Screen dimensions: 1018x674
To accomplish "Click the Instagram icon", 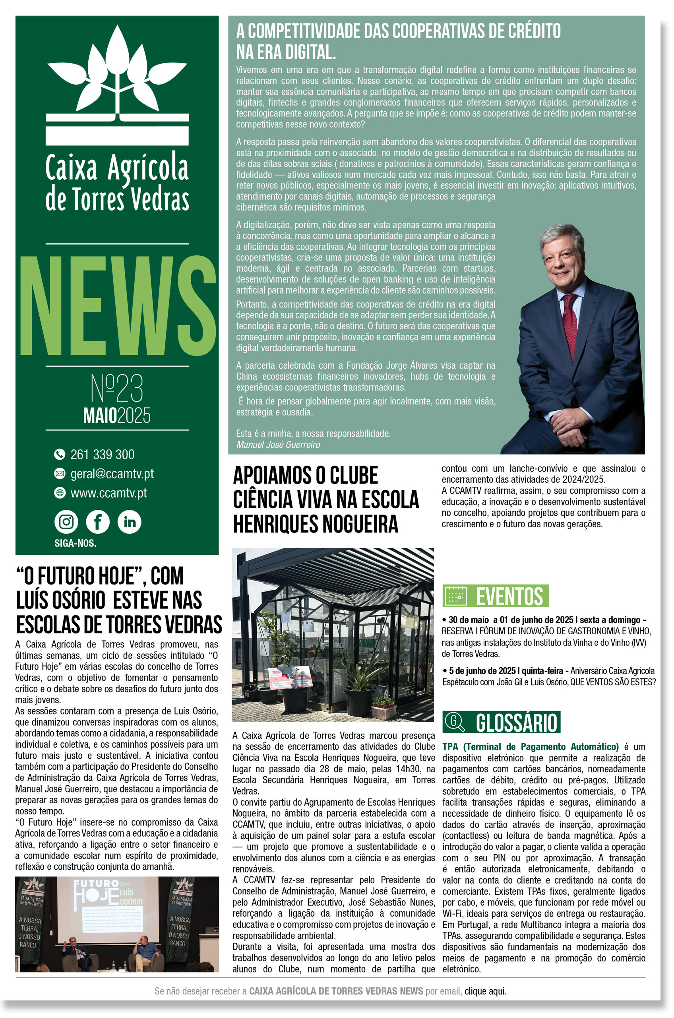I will click(x=66, y=522).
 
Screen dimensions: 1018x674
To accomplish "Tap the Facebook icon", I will click(x=98, y=522).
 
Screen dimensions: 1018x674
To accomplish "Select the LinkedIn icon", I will click(x=130, y=522).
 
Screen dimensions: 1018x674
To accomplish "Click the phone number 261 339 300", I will click(x=102, y=454).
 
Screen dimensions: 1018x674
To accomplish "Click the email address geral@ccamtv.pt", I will click(x=112, y=474).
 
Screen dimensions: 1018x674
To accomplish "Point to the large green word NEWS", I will click(x=117, y=306).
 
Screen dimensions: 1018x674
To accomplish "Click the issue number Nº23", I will click(x=117, y=388).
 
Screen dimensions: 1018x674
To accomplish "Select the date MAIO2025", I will click(x=117, y=416).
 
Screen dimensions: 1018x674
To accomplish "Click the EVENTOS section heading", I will click(x=509, y=596).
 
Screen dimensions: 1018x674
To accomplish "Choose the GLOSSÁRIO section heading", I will click(x=516, y=723).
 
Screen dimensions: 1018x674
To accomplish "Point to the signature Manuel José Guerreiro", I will click(x=278, y=445).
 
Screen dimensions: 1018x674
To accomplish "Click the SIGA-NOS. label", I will click(x=75, y=543).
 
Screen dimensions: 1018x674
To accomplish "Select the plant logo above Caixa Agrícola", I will click(x=117, y=84).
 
